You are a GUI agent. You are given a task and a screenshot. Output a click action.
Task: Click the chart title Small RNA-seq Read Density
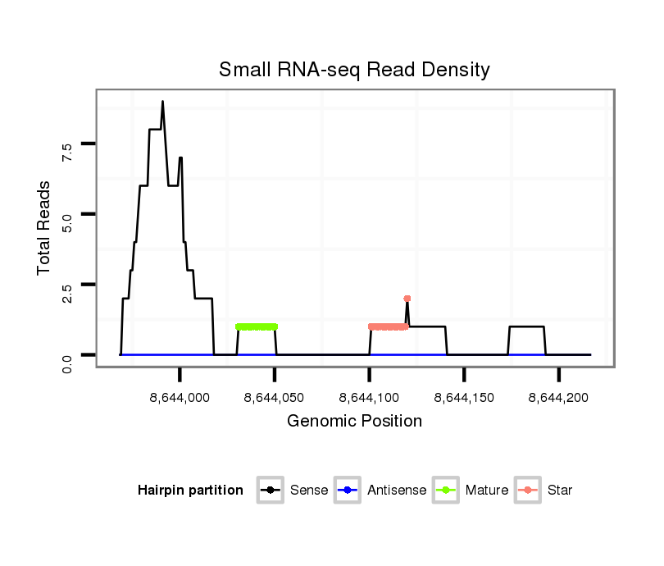tap(354, 70)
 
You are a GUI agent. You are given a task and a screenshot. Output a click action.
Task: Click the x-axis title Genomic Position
tap(354, 422)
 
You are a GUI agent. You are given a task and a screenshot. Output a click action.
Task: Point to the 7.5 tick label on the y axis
tap(67, 150)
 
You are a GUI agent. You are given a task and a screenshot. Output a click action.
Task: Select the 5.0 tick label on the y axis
tap(67, 221)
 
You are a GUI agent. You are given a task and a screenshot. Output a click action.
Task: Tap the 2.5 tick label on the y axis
tap(67, 292)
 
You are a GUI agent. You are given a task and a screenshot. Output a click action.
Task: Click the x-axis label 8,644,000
tap(179, 398)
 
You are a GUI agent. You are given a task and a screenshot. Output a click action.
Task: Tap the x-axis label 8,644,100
tap(369, 398)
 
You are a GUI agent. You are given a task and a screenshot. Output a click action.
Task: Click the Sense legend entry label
tap(309, 491)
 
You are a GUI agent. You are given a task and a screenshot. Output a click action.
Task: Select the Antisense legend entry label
tap(397, 491)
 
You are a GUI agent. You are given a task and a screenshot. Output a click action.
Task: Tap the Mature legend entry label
tap(487, 491)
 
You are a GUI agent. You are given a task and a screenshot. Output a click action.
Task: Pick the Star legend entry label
tap(561, 491)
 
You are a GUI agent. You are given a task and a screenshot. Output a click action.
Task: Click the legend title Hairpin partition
tap(190, 491)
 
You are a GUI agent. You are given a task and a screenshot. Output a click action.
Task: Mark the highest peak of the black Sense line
tap(162, 102)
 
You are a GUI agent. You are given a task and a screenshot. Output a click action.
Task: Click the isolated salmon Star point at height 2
tap(407, 299)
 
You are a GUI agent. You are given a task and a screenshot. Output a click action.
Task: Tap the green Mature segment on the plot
tap(257, 326)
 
